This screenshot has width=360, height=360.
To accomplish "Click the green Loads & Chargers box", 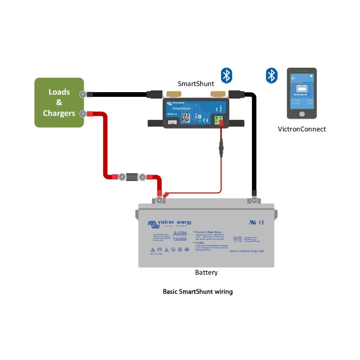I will click(x=59, y=103).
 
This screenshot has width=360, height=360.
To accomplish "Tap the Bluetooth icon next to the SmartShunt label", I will click(x=226, y=75).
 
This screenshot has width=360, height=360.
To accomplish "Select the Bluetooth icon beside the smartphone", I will click(x=271, y=75).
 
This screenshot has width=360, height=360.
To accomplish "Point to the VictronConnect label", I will click(x=302, y=129).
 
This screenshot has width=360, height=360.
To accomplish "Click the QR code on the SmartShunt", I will click(x=185, y=118).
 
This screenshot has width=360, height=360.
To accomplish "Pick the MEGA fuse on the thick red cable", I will click(x=132, y=177).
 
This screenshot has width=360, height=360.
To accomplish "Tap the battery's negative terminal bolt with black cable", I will click(x=254, y=200).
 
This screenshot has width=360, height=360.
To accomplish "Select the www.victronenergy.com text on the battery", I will click(x=247, y=251).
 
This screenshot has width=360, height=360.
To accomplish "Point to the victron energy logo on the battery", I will click(x=169, y=224).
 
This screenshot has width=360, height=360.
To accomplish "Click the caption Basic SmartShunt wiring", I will click(x=198, y=291).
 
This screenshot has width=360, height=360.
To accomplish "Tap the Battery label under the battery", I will click(x=206, y=273).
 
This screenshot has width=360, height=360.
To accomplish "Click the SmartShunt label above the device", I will click(x=196, y=84).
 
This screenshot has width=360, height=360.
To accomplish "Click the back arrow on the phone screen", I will click(x=294, y=78).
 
